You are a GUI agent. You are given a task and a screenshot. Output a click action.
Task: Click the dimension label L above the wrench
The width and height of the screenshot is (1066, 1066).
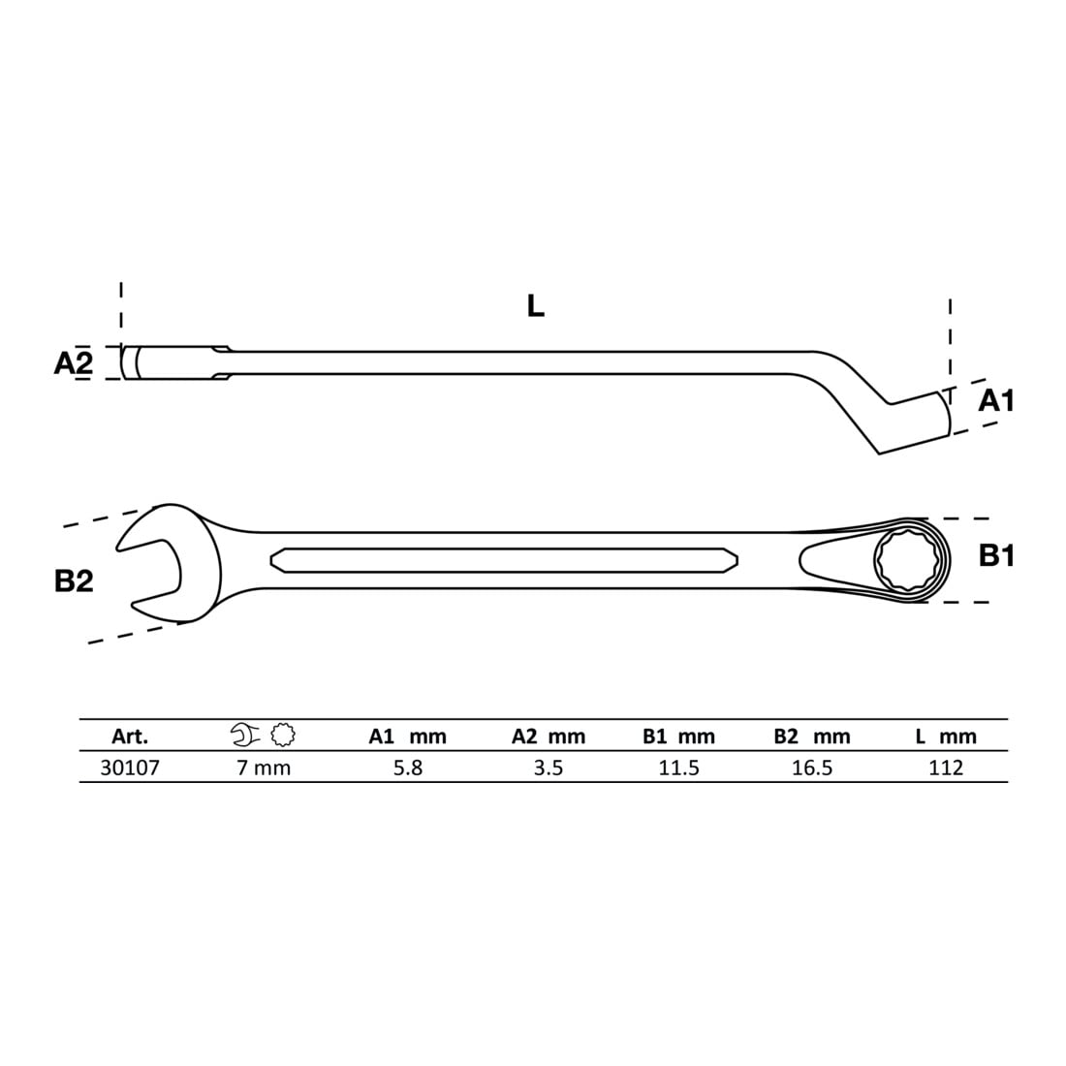[536, 306]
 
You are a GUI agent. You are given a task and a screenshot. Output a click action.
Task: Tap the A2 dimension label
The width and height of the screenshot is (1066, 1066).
[74, 363]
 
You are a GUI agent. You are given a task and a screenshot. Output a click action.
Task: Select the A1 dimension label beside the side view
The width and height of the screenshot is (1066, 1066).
[996, 401]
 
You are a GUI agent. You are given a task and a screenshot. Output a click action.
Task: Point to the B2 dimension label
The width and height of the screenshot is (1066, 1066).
[74, 581]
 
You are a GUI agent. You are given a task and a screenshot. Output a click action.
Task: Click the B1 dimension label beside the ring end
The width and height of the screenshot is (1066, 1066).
[996, 556]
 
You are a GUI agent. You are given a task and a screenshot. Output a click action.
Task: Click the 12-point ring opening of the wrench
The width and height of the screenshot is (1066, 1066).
[908, 560]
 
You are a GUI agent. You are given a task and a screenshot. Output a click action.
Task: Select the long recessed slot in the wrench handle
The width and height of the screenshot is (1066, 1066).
[504, 561]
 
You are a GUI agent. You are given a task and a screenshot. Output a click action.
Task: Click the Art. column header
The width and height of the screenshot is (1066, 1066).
[130, 737]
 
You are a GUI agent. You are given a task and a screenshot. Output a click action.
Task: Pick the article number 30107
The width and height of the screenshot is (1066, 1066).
[130, 768]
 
